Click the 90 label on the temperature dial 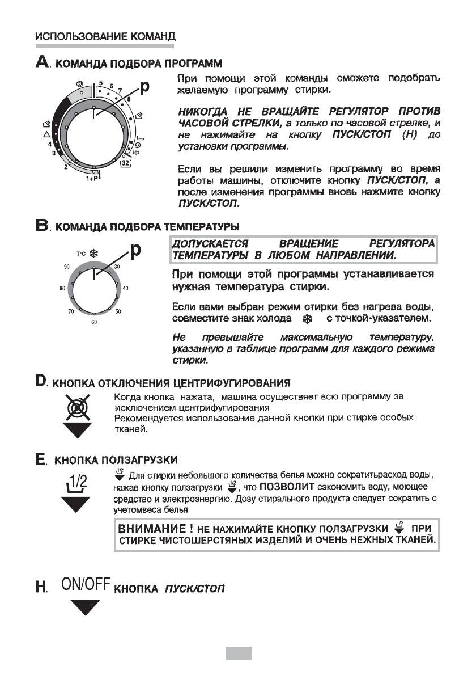(x=66, y=266)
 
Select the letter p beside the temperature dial (x=136, y=251)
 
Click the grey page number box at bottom (x=238, y=653)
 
